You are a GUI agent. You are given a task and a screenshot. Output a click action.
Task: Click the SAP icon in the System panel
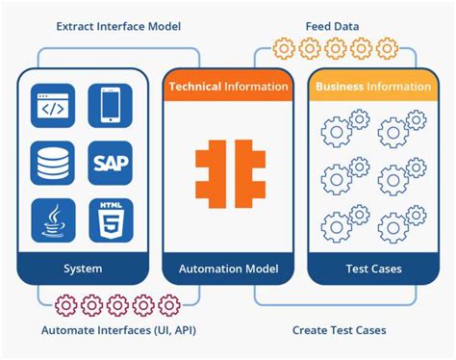[111, 163]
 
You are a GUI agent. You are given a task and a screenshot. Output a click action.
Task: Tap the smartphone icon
[111, 106]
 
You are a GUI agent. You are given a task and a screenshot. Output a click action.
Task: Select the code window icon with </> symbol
[54, 106]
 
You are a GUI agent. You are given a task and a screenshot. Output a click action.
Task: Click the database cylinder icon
[54, 163]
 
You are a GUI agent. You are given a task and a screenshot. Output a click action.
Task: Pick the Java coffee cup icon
[54, 219]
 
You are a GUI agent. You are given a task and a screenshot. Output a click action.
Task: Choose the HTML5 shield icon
[111, 219]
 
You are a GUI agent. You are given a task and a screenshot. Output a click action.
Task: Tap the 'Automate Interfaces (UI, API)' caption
[107, 330]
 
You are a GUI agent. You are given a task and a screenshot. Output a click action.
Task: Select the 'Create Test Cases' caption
[340, 330]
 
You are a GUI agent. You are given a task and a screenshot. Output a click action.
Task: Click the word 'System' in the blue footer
[83, 269]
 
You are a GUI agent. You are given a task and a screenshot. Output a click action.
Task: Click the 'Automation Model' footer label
[228, 269]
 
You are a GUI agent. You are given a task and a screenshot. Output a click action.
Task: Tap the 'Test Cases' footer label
[372, 269]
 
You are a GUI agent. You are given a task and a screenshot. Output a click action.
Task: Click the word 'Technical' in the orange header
[195, 86]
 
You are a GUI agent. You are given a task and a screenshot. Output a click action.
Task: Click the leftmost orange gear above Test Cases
[283, 47]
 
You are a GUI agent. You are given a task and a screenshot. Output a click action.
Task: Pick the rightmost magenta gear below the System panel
[169, 305]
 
